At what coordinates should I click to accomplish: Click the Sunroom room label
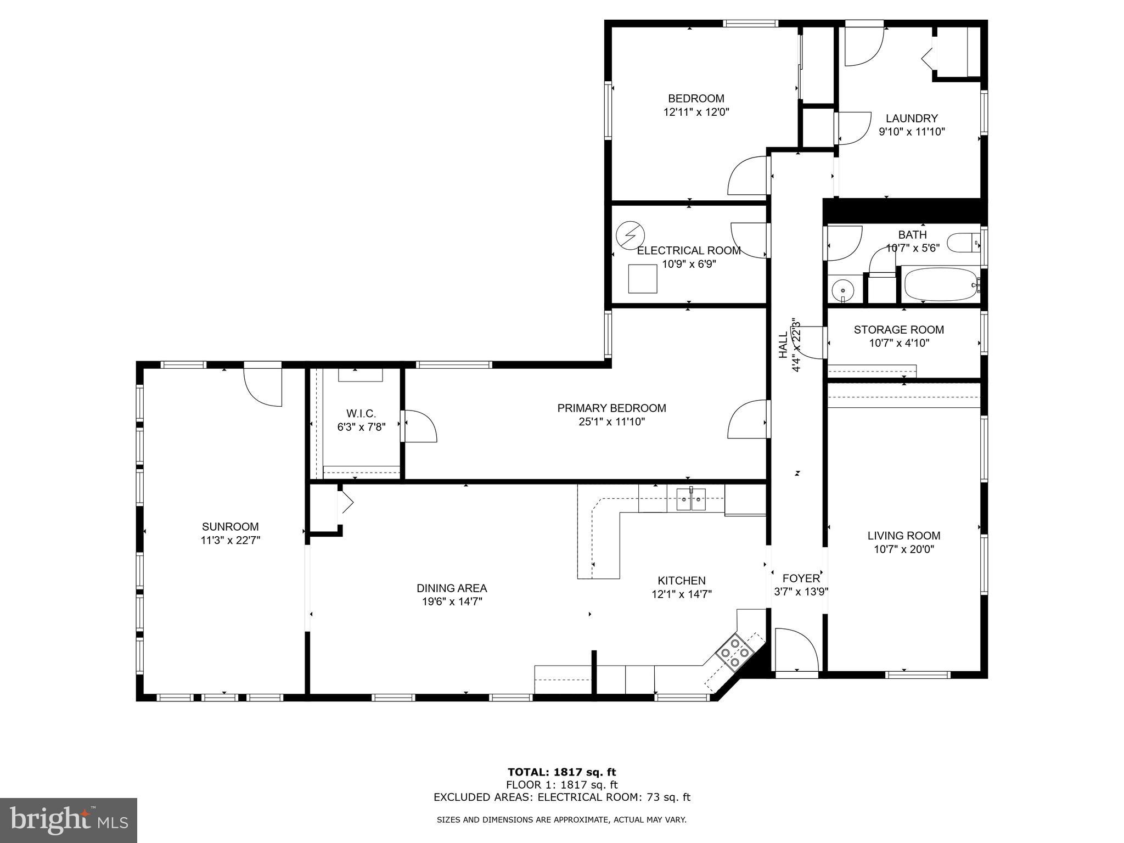230,527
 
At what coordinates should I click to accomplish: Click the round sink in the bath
842,289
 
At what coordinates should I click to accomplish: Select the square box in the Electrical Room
643,279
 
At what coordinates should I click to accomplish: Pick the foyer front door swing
796,649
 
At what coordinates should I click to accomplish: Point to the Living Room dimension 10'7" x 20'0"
903,549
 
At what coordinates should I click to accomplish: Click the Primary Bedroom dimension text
611,421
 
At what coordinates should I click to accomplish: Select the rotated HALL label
783,345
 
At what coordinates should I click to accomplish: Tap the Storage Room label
898,330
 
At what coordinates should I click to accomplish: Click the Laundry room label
912,119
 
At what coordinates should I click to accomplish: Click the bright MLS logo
69,820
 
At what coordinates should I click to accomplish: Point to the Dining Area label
452,588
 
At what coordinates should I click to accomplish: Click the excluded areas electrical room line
562,797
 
